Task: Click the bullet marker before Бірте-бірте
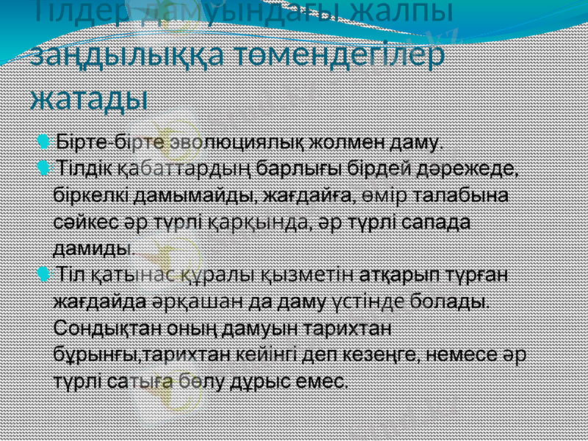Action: tap(45, 140)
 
